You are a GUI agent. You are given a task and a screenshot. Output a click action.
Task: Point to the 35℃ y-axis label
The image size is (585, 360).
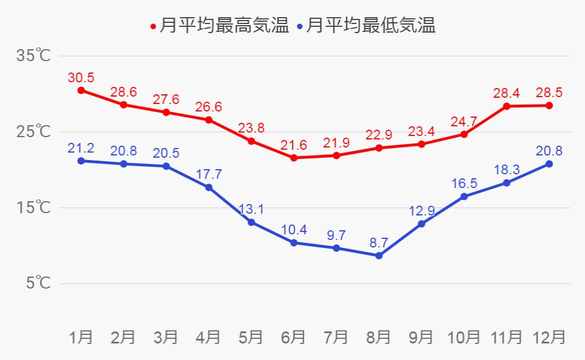tap(34, 56)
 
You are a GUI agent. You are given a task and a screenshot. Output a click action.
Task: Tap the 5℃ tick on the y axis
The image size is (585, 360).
tap(37, 283)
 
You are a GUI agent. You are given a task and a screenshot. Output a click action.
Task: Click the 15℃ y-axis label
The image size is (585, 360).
tap(34, 207)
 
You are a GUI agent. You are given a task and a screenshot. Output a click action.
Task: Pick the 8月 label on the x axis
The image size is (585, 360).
tap(378, 337)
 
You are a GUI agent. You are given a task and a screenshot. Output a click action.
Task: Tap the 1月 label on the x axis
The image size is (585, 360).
tap(81, 337)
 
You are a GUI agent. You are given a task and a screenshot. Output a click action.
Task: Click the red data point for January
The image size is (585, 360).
tap(81, 90)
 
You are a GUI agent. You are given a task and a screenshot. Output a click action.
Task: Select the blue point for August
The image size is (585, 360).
tap(379, 255)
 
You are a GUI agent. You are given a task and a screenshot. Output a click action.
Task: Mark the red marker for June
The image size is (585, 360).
tap(294, 158)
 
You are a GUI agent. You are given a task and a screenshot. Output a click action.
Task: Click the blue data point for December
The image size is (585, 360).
tap(549, 164)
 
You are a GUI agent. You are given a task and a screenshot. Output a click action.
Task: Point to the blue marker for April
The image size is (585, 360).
tap(209, 187)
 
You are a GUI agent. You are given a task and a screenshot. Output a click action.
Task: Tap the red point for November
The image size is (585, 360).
tap(507, 106)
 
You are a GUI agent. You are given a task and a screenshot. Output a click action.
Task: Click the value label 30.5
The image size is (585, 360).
tap(81, 78)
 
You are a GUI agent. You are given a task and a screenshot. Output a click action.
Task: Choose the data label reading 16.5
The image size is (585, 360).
tap(464, 183)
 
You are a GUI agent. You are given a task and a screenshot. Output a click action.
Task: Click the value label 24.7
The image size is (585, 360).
tap(464, 121)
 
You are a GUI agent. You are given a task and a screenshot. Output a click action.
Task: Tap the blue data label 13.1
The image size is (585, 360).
tap(251, 209)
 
